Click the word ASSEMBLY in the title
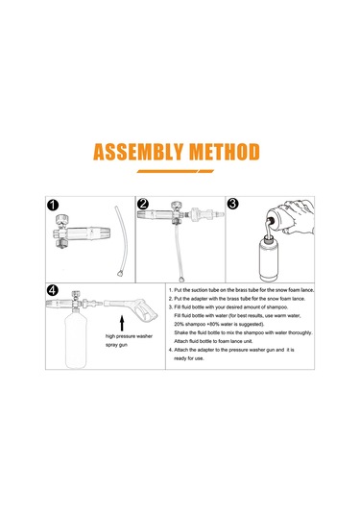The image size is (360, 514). [x=138, y=152]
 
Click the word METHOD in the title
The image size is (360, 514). [x=225, y=152]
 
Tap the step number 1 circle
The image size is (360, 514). [x=53, y=206]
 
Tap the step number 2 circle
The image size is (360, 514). [x=143, y=204]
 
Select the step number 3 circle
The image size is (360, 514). [x=232, y=204]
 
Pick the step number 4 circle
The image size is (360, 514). [x=53, y=290]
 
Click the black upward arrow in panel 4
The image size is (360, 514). [x=122, y=323]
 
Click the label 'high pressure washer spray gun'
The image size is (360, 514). [x=129, y=340]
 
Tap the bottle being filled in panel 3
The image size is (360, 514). [x=269, y=259]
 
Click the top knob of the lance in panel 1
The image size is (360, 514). [x=62, y=220]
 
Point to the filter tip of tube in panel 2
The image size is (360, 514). [x=180, y=280]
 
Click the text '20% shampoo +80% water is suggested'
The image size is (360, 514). [x=219, y=324]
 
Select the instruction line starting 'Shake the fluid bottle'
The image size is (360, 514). [x=243, y=332]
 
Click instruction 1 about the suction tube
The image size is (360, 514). [x=241, y=290]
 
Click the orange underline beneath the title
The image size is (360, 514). [x=176, y=171]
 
